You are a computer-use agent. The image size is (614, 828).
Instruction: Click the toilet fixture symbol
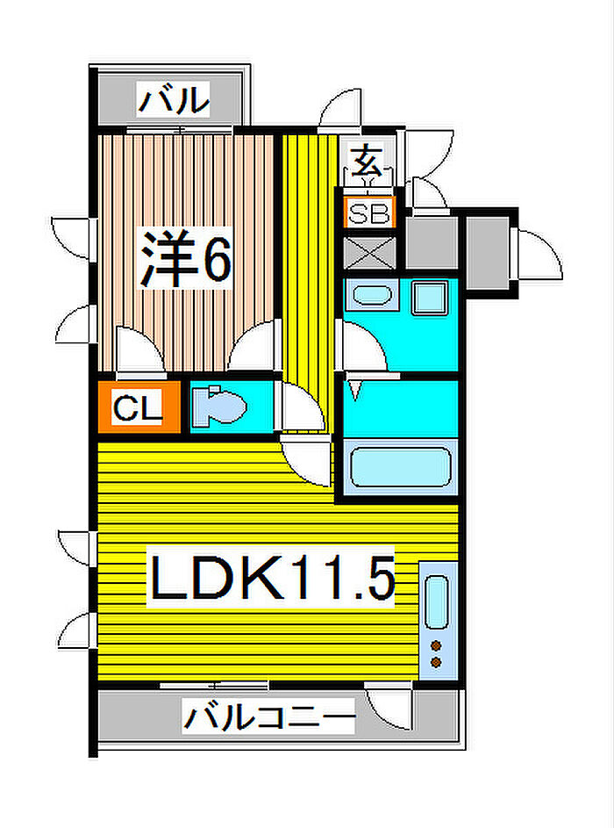(x=219, y=406)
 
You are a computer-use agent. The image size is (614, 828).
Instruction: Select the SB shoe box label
(x=370, y=212)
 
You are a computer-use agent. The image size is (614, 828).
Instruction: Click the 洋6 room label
(x=184, y=258)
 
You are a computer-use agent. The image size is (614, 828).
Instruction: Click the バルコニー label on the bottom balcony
(x=269, y=716)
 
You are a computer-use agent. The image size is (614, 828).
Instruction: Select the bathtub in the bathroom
(x=401, y=466)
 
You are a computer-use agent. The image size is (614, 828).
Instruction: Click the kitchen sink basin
(x=437, y=602)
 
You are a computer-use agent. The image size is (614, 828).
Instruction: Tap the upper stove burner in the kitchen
(x=436, y=645)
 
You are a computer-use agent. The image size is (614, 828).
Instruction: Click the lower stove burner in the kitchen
(x=436, y=662)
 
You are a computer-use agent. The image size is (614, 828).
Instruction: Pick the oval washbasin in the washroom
(x=372, y=295)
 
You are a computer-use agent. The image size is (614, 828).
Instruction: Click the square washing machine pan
(x=430, y=298)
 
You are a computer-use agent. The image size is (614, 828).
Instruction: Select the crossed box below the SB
(x=370, y=253)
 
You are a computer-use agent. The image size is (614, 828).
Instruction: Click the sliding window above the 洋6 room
(x=180, y=130)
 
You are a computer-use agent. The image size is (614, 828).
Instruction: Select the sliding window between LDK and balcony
(x=214, y=686)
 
